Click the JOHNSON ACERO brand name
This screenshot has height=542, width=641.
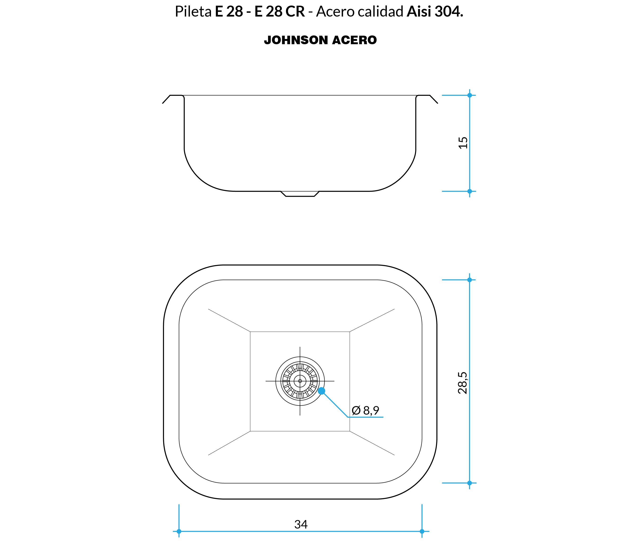point(320,40)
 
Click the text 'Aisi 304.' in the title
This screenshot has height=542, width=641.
point(435,12)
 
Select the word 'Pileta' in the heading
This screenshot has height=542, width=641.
point(193,12)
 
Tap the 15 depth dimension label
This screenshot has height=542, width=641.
point(463,143)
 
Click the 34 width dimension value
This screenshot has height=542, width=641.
point(301,525)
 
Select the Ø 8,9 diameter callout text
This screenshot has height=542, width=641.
point(365,410)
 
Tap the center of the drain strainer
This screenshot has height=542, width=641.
point(300,381)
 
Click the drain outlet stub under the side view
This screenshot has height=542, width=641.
point(300,194)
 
